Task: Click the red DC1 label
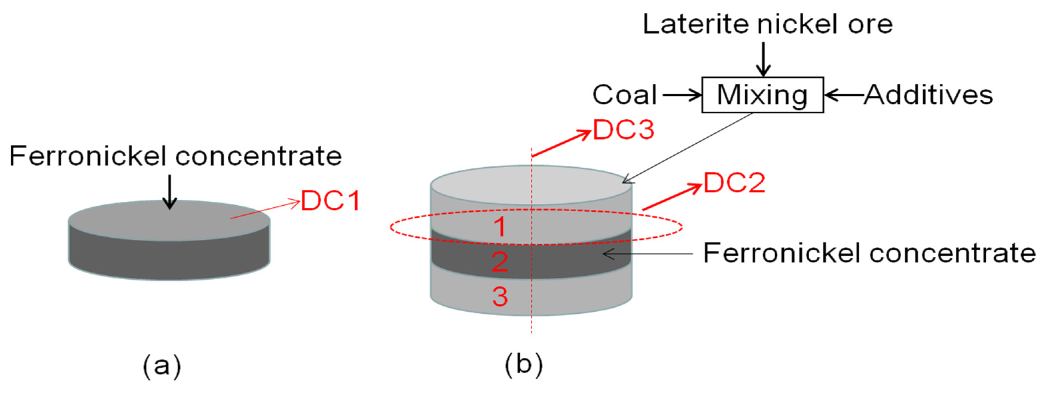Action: tap(331, 201)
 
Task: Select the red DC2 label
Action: tap(734, 183)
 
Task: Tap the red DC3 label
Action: tap(624, 130)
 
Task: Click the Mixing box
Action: tap(762, 95)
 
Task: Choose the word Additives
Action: tap(928, 95)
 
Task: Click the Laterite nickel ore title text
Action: tap(768, 24)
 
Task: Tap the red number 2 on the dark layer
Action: tap(500, 262)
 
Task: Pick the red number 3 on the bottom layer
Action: tap(500, 297)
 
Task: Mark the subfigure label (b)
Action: tap(523, 365)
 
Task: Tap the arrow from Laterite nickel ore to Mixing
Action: tap(763, 59)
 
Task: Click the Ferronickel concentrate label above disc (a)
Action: tap(175, 156)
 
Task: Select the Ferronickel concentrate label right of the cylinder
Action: tap(869, 253)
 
